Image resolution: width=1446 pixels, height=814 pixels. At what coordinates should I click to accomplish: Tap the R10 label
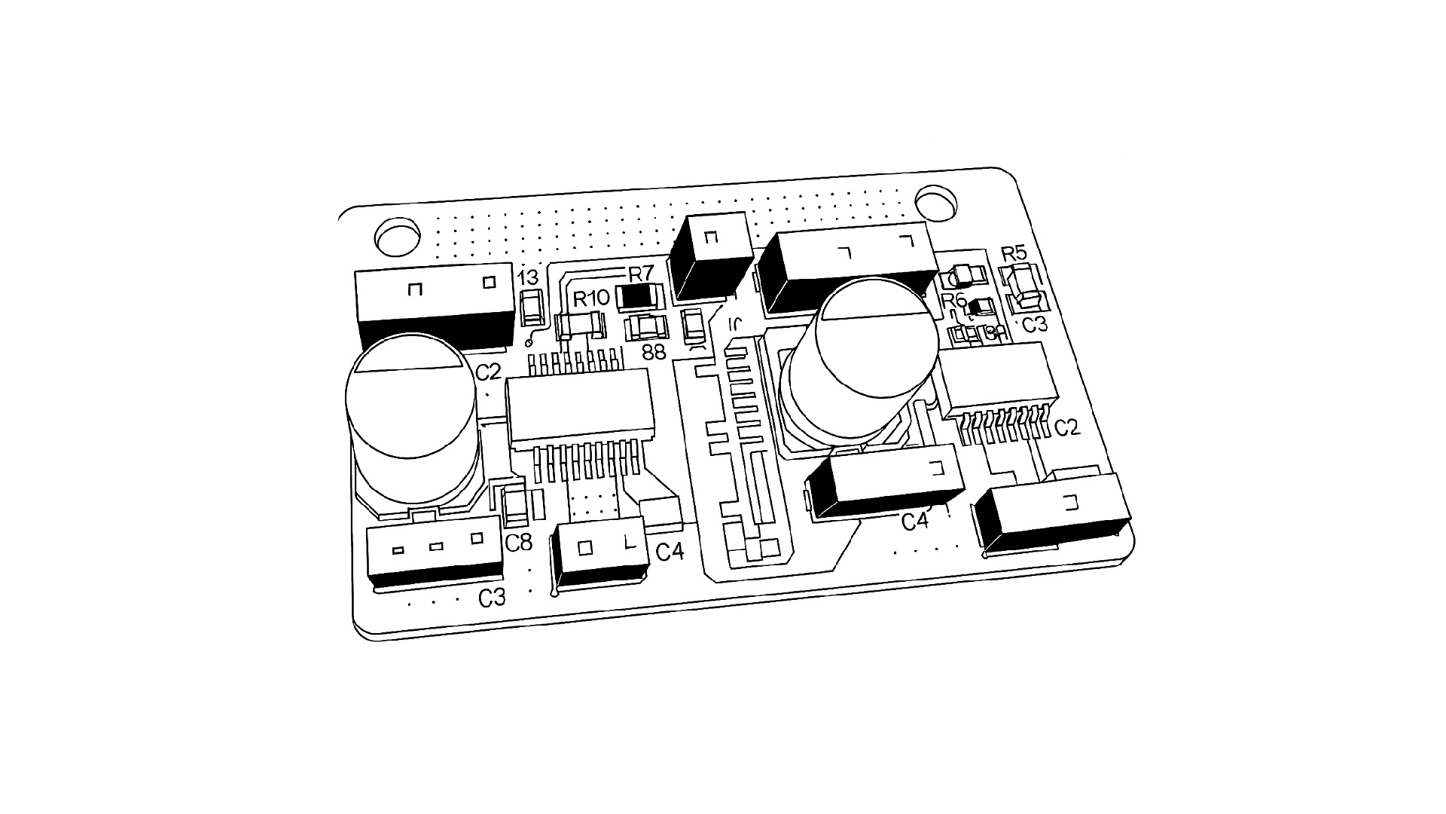591,298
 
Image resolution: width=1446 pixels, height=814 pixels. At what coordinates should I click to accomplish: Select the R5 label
1014,253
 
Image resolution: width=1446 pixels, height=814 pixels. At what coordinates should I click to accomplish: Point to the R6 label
954,300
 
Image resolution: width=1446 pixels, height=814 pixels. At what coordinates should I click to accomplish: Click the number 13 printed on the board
529,279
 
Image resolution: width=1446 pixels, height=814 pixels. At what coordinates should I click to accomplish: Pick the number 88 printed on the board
654,352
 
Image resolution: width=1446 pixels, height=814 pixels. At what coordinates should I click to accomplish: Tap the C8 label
519,542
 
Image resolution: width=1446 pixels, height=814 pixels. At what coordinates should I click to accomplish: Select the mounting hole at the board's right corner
936,203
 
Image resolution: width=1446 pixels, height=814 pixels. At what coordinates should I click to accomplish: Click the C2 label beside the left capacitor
488,372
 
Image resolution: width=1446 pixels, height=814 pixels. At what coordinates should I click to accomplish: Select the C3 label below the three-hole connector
492,598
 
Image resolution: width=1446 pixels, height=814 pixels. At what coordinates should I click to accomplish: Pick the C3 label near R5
1035,325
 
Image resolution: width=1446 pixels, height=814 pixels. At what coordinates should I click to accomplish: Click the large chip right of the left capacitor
579,407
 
